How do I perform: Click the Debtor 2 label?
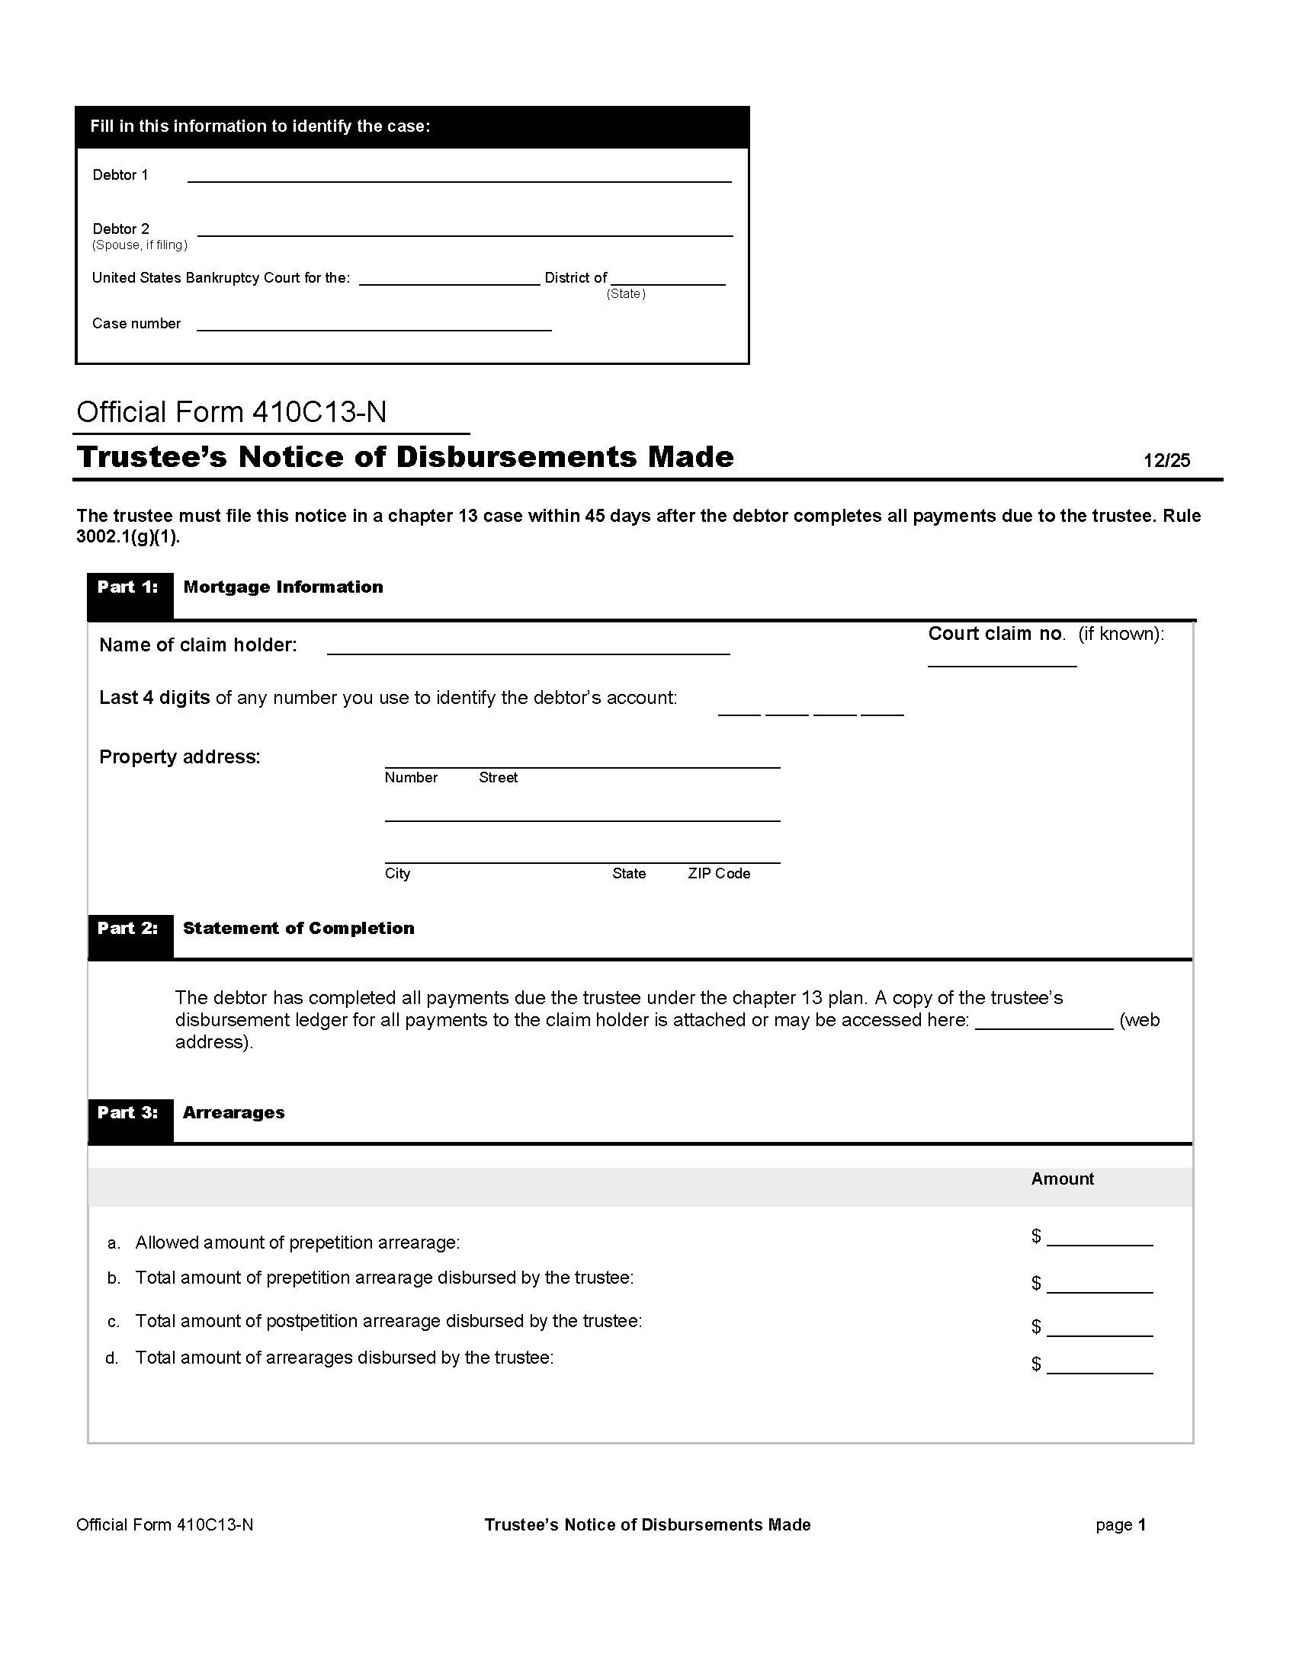tap(120, 229)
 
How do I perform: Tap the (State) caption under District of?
tap(626, 294)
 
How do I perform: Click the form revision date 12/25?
tap(1166, 460)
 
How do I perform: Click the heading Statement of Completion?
tap(299, 929)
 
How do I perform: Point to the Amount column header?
tap(1062, 1179)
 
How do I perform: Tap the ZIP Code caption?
tap(719, 874)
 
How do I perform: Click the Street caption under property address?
tap(499, 778)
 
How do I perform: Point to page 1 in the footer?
tap(1120, 1526)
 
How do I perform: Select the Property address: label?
tap(180, 757)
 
